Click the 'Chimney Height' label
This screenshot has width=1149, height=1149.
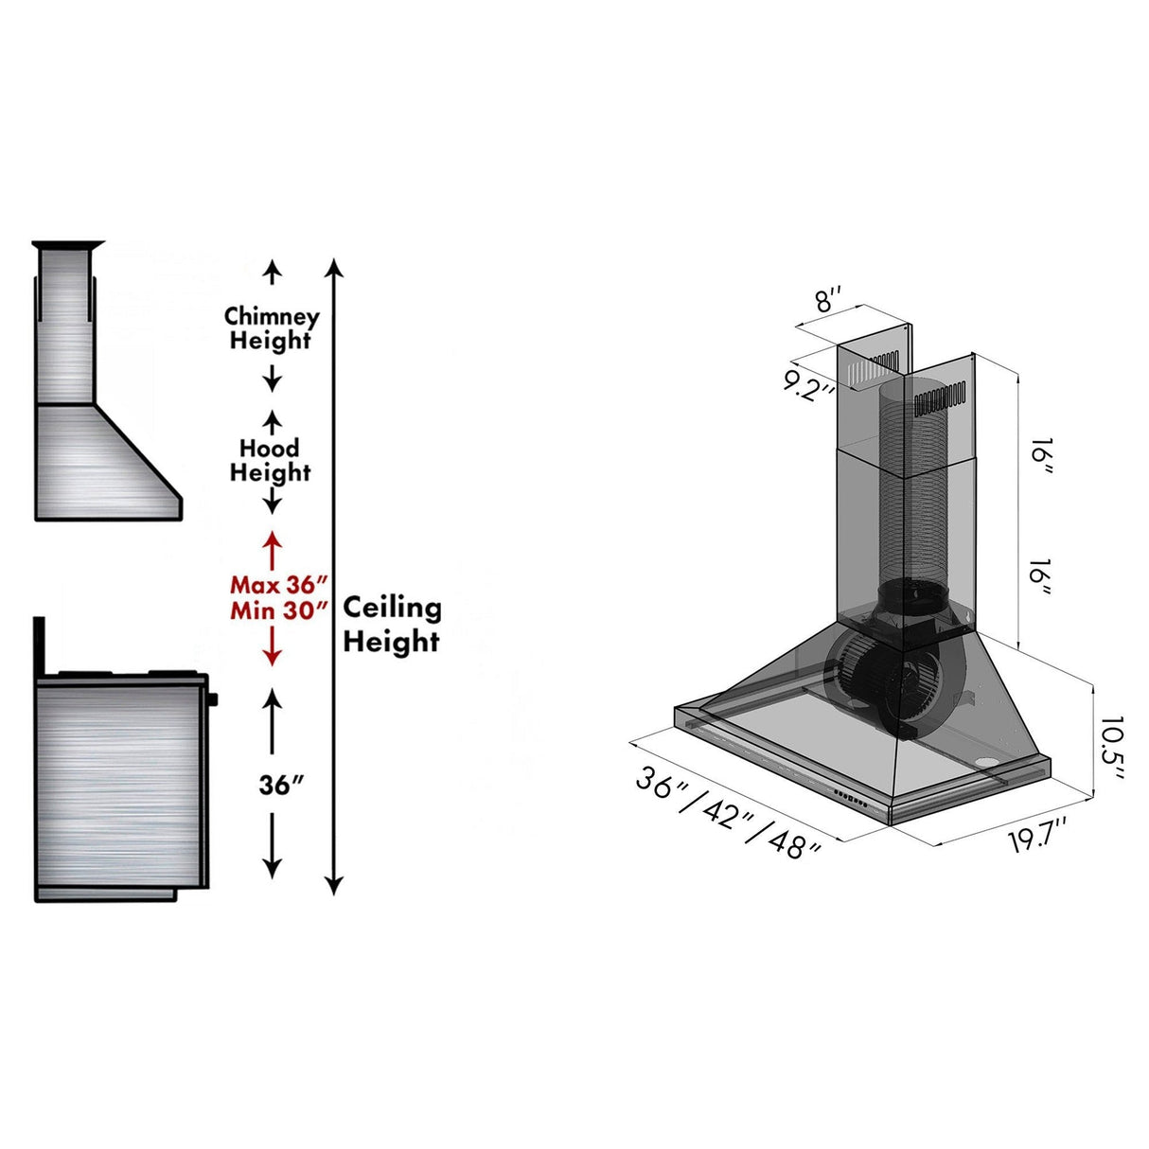coord(271,328)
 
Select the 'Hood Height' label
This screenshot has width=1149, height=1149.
coord(270,460)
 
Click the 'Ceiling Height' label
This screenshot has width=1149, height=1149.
coord(391,624)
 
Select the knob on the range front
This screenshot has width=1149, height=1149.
coord(213,700)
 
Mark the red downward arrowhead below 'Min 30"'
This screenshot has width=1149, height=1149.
coord(273,658)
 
